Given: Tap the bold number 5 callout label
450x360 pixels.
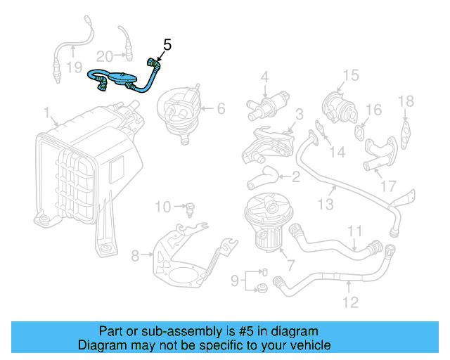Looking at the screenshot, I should tap(167, 45).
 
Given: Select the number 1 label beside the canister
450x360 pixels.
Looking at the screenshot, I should tap(46, 113).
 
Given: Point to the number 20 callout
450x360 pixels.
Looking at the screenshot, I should tap(105, 56).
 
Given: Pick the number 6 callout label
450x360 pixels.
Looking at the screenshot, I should tap(220, 108).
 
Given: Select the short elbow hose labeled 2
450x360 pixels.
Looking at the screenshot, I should tap(262, 180).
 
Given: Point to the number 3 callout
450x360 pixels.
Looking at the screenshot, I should tap(299, 113).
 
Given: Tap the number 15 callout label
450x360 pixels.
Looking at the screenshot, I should tap(350, 75).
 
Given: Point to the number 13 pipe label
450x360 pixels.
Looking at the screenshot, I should tap(325, 205).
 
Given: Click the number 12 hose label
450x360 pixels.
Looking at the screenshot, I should tap(349, 302).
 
